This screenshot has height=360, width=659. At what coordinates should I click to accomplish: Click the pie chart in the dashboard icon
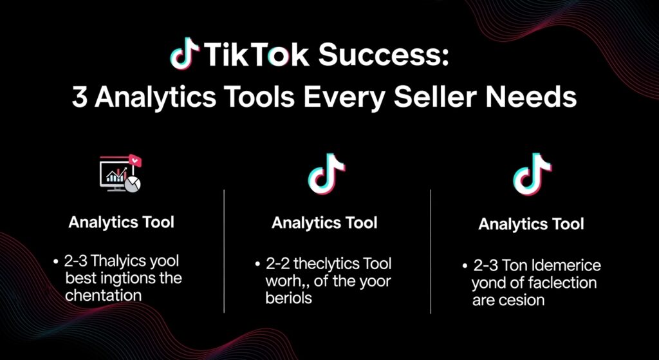tap(133, 183)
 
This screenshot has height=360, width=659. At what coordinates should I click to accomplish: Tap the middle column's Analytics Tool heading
tap(324, 223)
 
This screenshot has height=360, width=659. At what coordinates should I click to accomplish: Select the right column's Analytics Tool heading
tap(531, 225)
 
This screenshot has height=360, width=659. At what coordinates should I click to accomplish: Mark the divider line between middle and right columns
tap(430, 251)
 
